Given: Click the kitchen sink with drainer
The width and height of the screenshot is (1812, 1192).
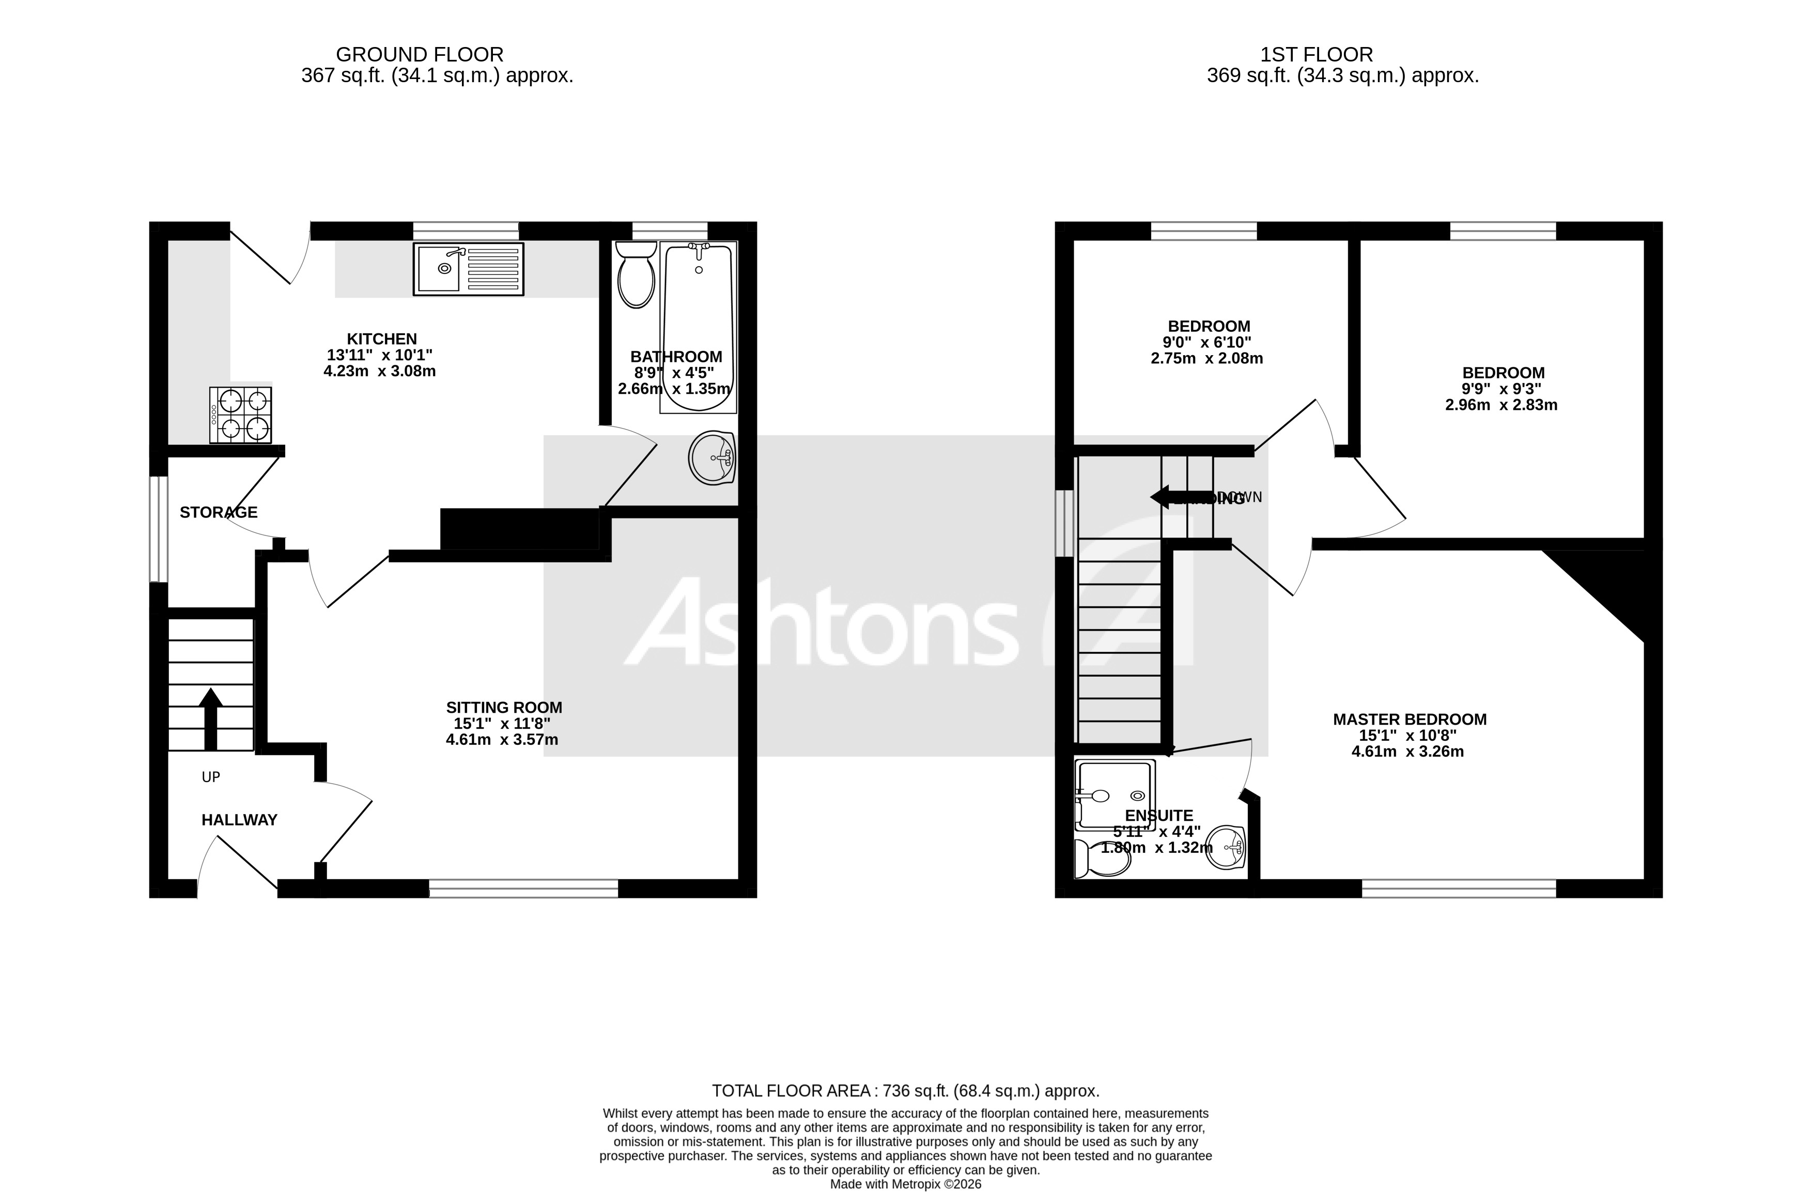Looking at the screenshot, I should pyautogui.click(x=468, y=269).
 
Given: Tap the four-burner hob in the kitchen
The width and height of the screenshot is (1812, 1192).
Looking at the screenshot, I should pyautogui.click(x=241, y=415).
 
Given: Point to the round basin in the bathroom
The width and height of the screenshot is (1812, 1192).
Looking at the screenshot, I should pyautogui.click(x=712, y=459).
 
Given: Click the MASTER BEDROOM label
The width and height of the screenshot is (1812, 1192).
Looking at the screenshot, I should pyautogui.click(x=1410, y=720).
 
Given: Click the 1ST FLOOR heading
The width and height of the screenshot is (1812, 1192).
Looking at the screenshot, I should pyautogui.click(x=1317, y=55).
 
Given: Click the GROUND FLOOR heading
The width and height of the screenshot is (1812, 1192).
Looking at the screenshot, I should pyautogui.click(x=420, y=55).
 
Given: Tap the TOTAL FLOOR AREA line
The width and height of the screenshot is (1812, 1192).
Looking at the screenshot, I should pyautogui.click(x=905, y=1091).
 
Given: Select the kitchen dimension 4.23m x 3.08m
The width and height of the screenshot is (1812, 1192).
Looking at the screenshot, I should pyautogui.click(x=379, y=372).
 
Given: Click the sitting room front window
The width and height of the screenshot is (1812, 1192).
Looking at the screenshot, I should pyautogui.click(x=524, y=888).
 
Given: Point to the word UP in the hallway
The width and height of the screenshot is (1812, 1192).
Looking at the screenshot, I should pyautogui.click(x=211, y=777).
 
